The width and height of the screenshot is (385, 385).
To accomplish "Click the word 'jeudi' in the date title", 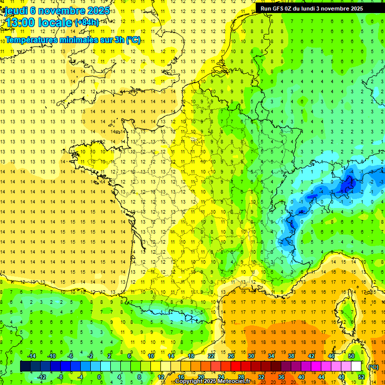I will pos(14,11).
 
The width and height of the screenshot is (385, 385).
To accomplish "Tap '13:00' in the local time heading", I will pos(21,23).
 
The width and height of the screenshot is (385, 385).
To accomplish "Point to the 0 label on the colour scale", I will pos(99,377).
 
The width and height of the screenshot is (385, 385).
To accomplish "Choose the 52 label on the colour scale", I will pos(361,377).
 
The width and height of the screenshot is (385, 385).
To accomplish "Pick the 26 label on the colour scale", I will pos(231,356).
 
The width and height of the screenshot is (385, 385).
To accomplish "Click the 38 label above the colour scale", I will pos(291,356).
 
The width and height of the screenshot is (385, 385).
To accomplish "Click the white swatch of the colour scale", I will pos(356,366).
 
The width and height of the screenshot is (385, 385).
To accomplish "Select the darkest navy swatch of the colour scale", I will pos(25,366).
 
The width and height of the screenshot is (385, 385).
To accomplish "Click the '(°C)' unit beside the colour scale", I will pos(373,366).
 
